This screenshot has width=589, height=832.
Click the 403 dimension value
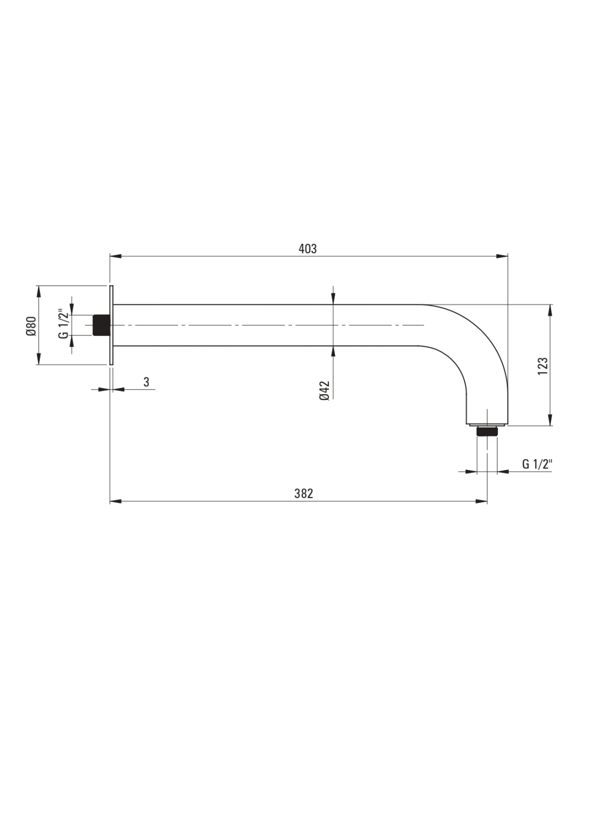308,249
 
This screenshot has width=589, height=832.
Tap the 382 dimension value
303,493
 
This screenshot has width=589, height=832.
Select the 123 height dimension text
543,366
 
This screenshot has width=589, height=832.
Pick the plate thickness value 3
146,382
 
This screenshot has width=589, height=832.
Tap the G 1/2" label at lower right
537,464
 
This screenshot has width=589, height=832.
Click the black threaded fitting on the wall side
101,326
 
